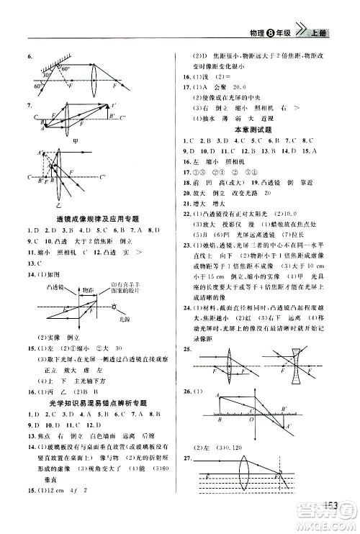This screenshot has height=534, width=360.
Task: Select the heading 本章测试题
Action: pos(254,128)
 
